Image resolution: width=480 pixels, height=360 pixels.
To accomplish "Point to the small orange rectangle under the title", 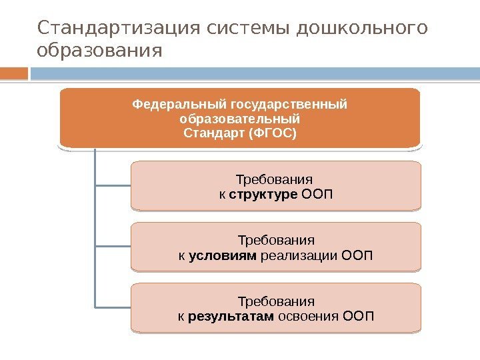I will coord(14,73).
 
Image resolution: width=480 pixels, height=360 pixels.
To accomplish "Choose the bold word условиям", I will coord(223,255).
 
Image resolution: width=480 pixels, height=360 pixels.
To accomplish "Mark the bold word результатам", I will coord(231,315).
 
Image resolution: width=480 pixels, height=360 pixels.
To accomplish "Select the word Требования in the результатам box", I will coord(276,301).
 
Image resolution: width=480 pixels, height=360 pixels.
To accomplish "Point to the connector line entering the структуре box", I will coord(113,185).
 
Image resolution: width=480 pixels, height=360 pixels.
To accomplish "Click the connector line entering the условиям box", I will coord(113,247).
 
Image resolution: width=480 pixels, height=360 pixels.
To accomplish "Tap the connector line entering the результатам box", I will coord(113,307).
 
